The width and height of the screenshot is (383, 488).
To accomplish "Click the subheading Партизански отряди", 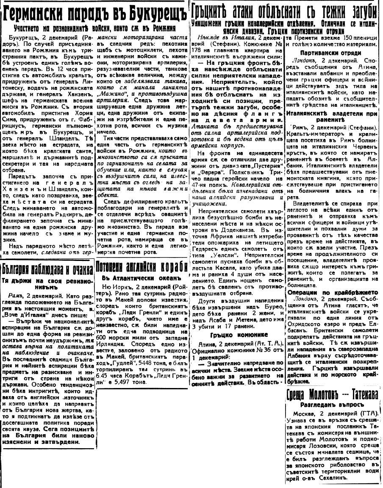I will pos(330,53).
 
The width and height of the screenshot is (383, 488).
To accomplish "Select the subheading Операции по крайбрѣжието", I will pos(327,292).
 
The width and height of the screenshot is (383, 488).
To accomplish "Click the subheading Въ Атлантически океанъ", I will pos(142,278).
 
